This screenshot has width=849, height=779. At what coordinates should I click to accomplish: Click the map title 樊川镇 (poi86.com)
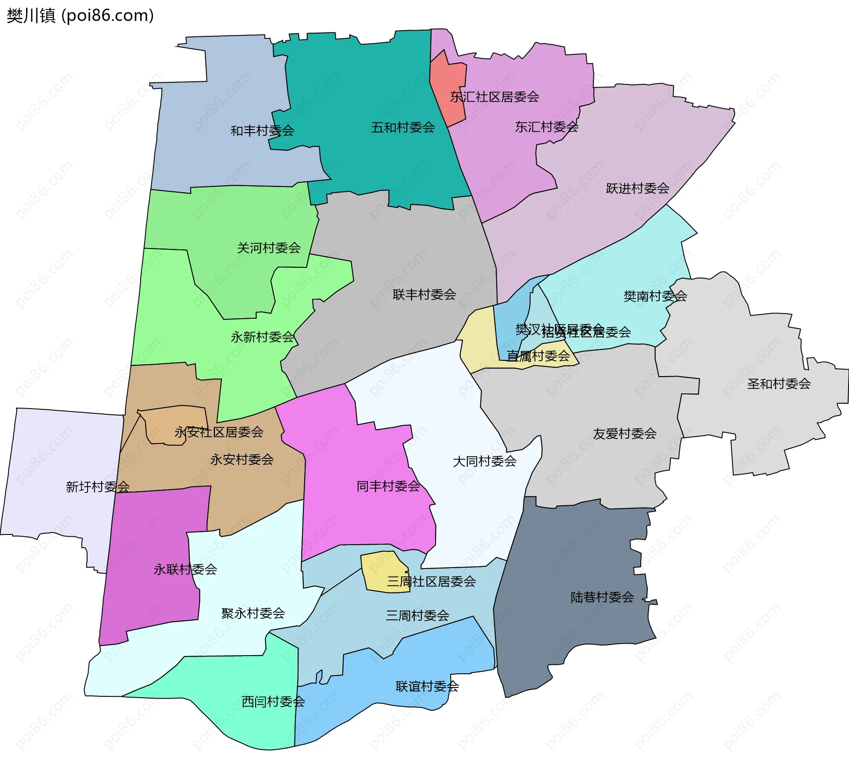[80, 16]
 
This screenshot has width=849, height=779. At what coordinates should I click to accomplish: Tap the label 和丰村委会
[262, 131]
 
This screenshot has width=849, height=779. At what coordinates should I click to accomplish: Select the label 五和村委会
[403, 128]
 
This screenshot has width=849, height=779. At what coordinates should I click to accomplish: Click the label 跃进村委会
[637, 189]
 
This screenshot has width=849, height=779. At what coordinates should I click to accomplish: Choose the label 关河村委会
[269, 248]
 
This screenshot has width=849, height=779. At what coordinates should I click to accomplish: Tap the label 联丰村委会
[424, 295]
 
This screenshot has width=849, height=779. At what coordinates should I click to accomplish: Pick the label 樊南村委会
[655, 296]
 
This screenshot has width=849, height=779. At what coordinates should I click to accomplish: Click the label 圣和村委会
[778, 384]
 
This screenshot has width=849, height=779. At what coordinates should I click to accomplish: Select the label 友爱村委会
[624, 434]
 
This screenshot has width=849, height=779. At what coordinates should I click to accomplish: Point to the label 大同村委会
[484, 462]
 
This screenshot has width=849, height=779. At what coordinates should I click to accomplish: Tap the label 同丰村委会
[388, 487]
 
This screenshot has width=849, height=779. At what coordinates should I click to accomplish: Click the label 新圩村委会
[97, 487]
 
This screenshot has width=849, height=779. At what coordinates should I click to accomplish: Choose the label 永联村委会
[185, 569]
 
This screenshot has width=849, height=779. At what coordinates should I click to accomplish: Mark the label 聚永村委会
[253, 614]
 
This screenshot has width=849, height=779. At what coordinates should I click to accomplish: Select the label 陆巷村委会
[602, 598]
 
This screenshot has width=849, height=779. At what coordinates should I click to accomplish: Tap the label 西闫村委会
[273, 702]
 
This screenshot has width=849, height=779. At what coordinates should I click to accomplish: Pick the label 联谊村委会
[427, 687]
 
